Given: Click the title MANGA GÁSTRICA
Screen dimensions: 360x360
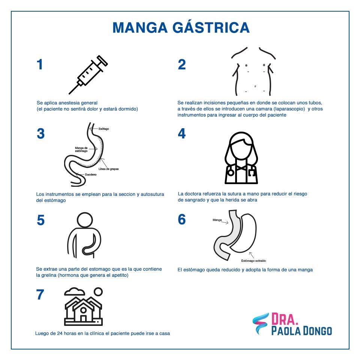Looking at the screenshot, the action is [x=181, y=27].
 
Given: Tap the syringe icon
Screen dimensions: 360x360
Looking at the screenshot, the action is [x=88, y=75].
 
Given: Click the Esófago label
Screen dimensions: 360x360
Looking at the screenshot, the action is [x=104, y=129].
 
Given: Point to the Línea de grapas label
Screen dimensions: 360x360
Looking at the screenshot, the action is [x=109, y=169].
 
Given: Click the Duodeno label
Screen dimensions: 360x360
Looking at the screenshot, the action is [x=91, y=174].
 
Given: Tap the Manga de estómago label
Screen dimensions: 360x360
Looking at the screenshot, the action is [x=81, y=150].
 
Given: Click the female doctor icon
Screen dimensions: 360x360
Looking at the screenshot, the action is [x=241, y=158].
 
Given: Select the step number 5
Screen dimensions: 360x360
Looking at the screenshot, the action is [x=40, y=220].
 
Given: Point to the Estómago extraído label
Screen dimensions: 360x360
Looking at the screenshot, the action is [x=253, y=261].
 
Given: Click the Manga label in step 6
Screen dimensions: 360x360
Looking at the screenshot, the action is [x=217, y=220].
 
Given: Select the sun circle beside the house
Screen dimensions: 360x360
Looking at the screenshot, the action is [x=98, y=292].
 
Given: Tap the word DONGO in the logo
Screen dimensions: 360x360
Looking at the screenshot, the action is [x=317, y=331].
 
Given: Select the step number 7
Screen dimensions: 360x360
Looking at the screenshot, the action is [x=40, y=295].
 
